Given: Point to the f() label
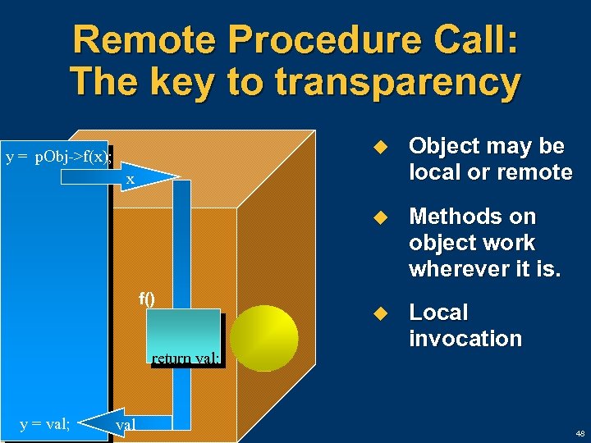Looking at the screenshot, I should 146,299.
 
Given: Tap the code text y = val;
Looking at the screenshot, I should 45,423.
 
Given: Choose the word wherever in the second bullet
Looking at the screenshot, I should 460,269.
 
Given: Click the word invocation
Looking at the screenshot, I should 465,339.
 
